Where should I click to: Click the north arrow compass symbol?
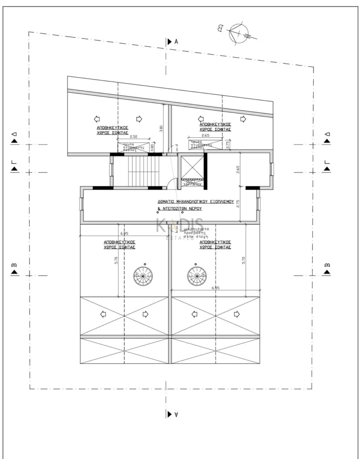pos(238,33)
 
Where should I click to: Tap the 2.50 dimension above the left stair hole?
pos(133,136)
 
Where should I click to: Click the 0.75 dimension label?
pos(227,145)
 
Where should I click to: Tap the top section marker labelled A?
pos(172,42)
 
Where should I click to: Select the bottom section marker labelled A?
pos(172,414)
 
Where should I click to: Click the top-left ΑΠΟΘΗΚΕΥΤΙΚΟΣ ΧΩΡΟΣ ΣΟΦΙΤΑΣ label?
pos(113,130)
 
